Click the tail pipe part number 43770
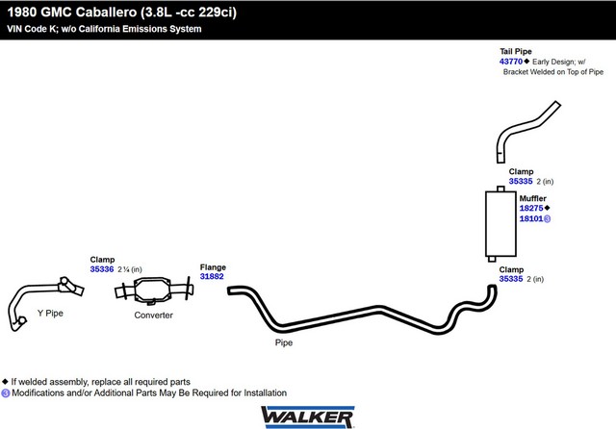coord(510,62)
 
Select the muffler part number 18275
coord(530,208)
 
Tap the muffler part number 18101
coord(530,218)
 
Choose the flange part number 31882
coord(212,276)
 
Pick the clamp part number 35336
coord(101,269)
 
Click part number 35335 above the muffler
coord(521,181)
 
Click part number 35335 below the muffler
coord(511,279)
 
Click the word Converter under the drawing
coord(154,315)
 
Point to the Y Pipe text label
coord(50,313)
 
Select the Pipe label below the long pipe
coord(283,341)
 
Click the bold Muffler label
coord(533,198)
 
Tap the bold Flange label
coord(213,266)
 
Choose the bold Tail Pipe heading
coord(515,52)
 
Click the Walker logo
coord(306,415)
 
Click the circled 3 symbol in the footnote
coord(6,392)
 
